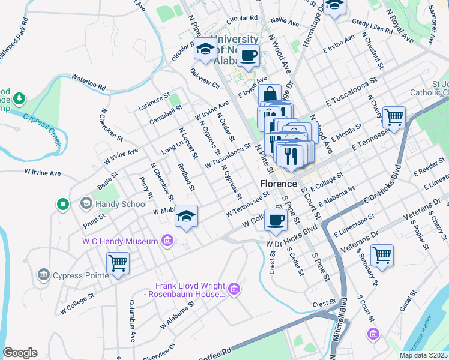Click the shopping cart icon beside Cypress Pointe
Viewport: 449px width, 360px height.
[x=118, y=263]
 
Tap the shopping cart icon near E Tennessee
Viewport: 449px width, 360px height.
[x=394, y=116]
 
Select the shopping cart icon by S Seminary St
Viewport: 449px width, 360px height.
[x=382, y=255]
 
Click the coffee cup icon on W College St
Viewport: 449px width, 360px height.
[x=276, y=219]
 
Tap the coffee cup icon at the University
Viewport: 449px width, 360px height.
[x=247, y=56]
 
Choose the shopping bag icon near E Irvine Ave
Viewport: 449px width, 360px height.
[x=270, y=94]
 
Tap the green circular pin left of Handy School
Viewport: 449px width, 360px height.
[x=62, y=205]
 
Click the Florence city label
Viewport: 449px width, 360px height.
[x=279, y=183]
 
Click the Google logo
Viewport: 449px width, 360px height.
[x=20, y=353]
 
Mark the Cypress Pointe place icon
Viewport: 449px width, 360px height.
[x=43, y=275]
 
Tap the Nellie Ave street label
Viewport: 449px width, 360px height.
[x=285, y=23]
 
